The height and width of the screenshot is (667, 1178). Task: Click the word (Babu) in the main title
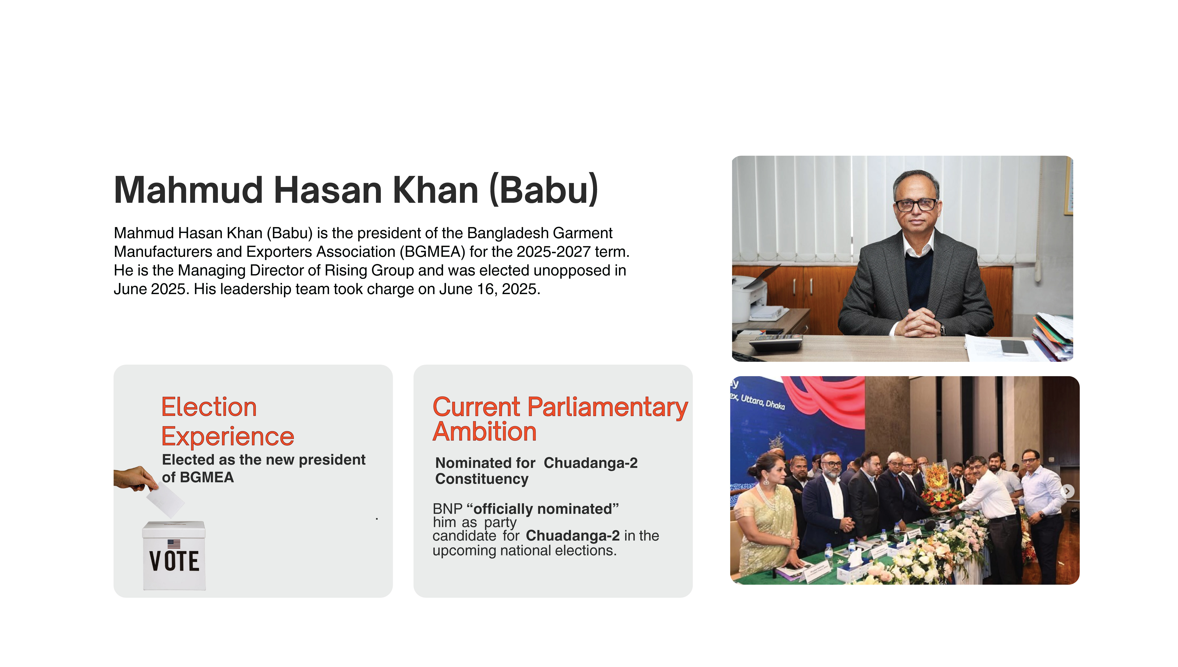click(544, 190)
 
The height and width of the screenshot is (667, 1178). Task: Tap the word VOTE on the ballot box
click(174, 561)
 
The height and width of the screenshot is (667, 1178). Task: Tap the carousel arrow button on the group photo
click(1068, 491)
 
